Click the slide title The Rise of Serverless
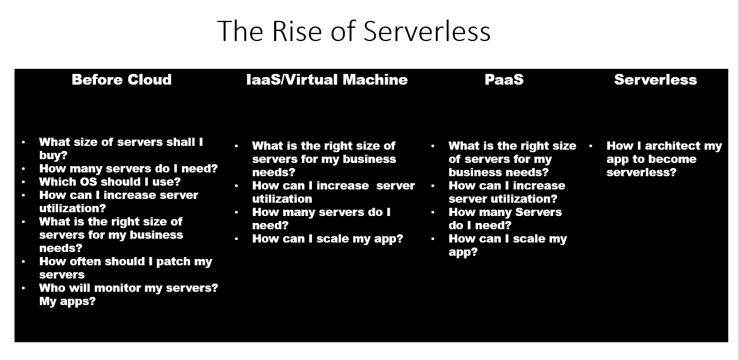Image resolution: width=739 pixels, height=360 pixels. tap(354, 31)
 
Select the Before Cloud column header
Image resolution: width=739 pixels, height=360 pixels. tap(122, 80)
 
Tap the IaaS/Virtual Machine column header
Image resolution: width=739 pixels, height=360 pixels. tap(327, 80)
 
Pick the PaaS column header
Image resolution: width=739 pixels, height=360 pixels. tap(504, 80)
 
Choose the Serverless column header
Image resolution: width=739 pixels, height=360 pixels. tap(655, 80)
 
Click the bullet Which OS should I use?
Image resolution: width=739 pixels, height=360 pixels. tap(110, 182)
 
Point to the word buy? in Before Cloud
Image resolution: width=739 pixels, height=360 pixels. tap(53, 155)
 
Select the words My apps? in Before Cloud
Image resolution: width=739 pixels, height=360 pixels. tap(68, 301)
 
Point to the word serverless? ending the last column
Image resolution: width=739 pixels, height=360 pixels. tap(641, 172)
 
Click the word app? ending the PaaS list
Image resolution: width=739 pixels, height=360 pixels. tap(463, 253)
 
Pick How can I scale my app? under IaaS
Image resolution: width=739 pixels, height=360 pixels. tap(328, 239)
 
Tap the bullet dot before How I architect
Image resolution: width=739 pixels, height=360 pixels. tap(591, 146)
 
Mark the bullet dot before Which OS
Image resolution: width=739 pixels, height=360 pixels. tap(23, 182)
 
